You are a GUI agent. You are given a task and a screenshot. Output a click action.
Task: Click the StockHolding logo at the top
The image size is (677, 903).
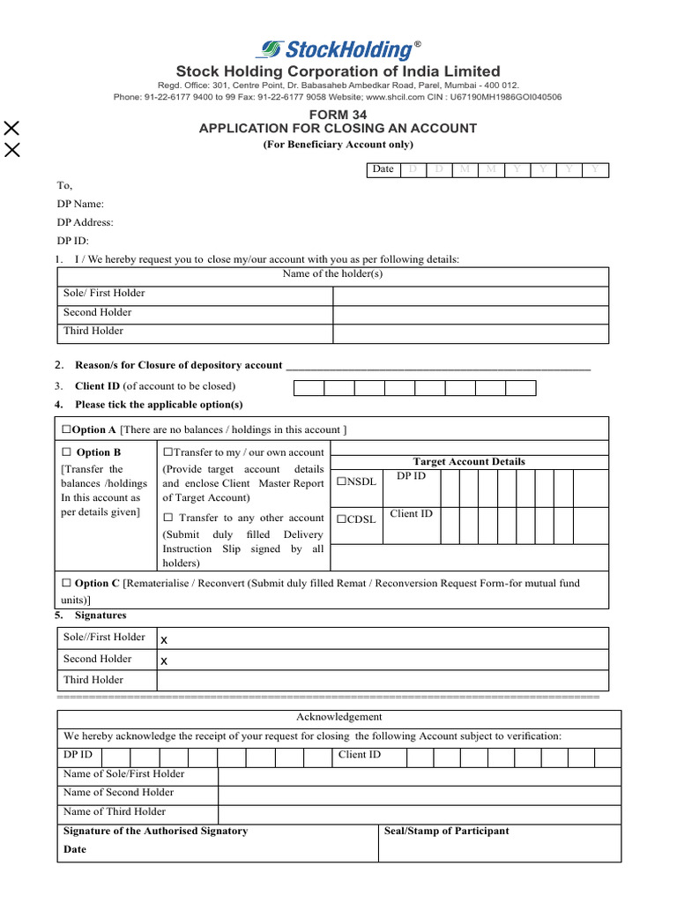pos(338,50)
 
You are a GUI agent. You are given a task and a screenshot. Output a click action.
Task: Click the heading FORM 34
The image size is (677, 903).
pos(338,115)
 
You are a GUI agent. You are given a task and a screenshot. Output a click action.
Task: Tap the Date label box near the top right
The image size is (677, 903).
pos(383,169)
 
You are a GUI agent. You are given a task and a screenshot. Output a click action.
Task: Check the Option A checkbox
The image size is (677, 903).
pos(66,429)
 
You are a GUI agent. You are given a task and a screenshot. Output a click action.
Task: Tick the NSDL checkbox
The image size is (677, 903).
pos(342,482)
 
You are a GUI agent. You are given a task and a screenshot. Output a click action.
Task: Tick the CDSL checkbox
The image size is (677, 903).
pos(342,519)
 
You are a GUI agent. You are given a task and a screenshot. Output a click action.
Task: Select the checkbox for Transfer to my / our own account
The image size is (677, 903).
pos(167,452)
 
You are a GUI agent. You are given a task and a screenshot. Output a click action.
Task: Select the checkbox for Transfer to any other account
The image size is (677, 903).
pos(167,519)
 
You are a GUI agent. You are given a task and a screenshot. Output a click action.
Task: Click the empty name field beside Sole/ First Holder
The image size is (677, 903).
pos(470,295)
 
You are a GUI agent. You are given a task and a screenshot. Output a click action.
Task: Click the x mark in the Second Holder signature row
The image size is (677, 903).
pos(164,660)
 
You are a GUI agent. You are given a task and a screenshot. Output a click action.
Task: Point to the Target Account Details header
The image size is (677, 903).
pos(469,462)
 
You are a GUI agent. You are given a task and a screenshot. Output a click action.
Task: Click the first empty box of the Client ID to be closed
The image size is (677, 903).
pos(309,387)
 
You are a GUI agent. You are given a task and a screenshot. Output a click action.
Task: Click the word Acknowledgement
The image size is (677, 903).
pos(338,717)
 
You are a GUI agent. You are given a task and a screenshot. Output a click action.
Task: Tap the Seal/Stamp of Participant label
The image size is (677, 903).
pos(447,831)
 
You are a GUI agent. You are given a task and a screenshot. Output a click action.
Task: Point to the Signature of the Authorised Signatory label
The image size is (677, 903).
pos(155,831)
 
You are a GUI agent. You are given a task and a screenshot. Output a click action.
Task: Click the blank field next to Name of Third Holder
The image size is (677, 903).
pos(419,812)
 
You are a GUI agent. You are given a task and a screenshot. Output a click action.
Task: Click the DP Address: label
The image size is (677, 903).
pos(85,223)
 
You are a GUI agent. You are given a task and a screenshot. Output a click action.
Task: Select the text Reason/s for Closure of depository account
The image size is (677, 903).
pos(179,365)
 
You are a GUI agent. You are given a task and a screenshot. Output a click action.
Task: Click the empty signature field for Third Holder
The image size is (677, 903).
pos(382,680)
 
